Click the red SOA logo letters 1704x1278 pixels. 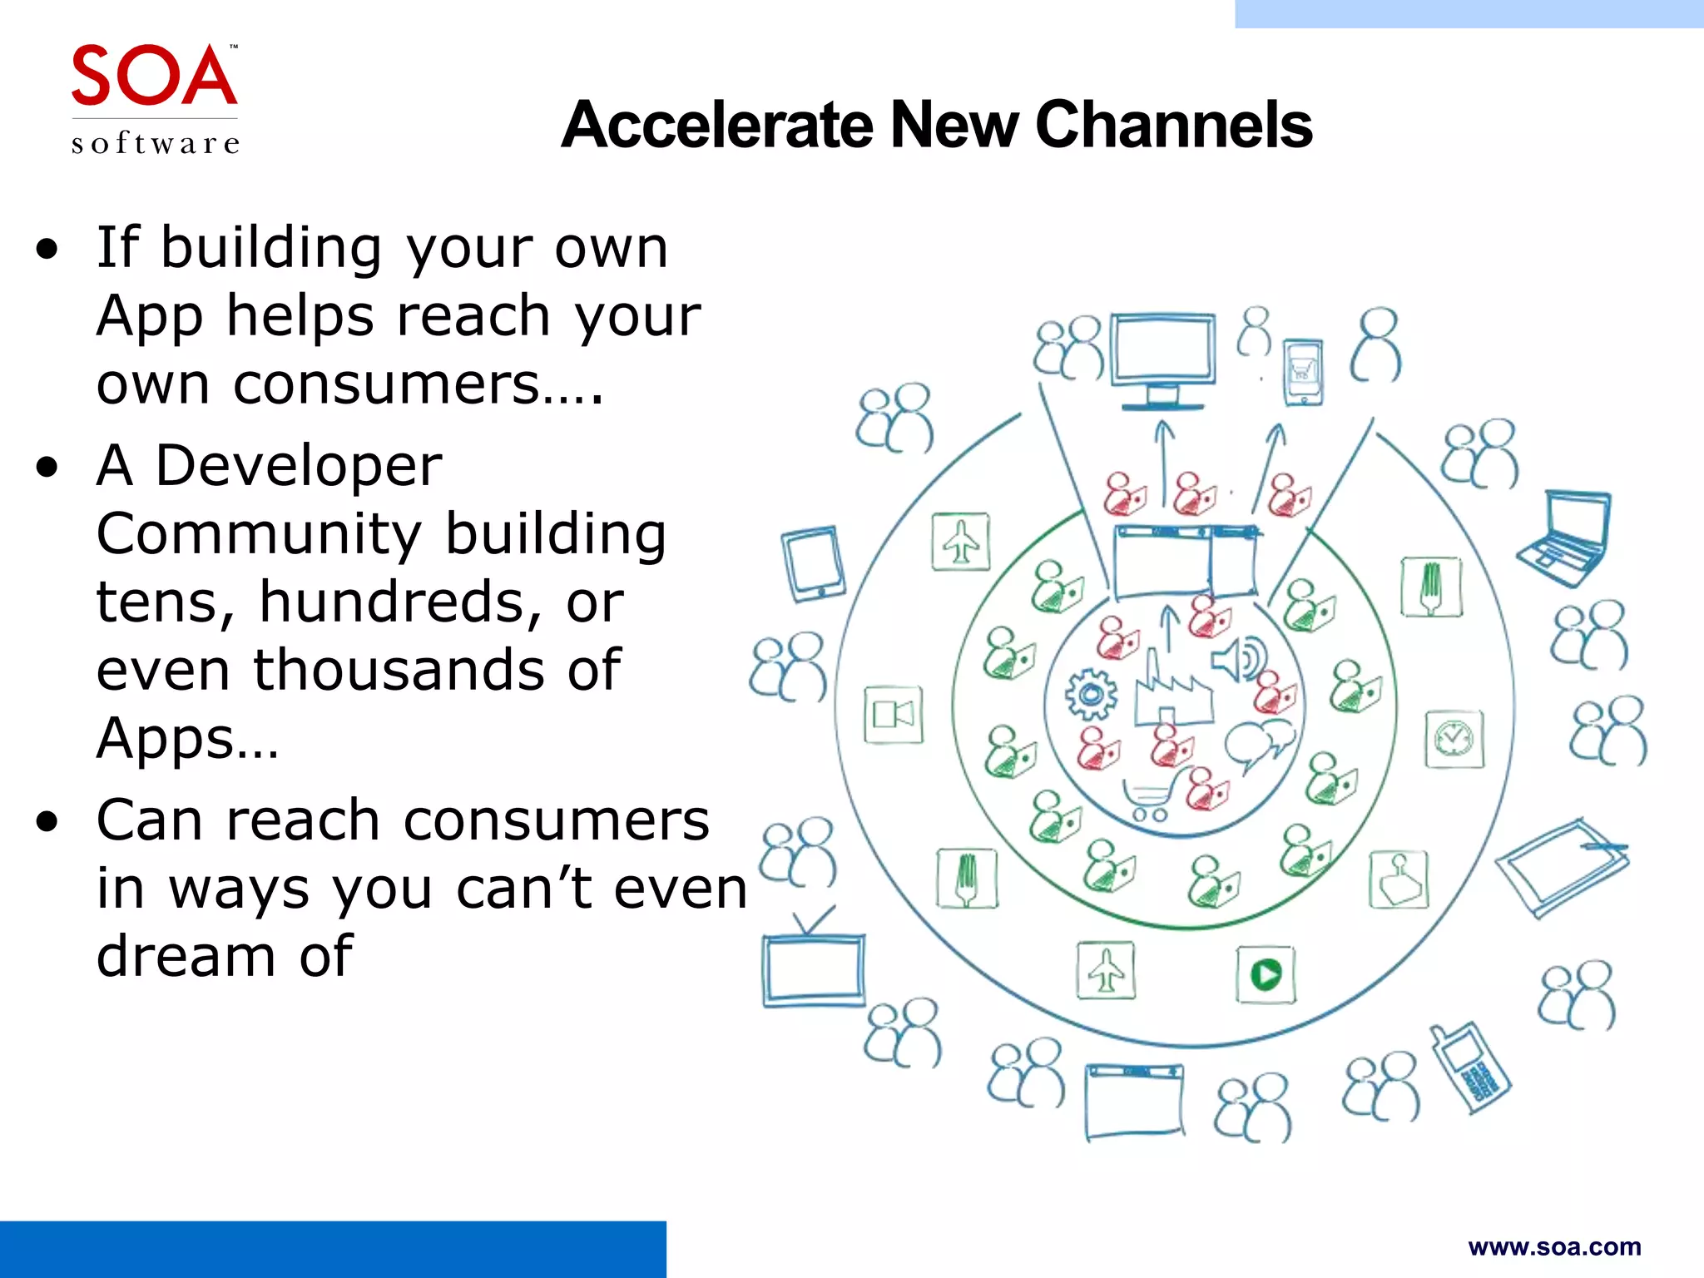[x=154, y=76]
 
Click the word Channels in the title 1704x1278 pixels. [x=1172, y=125]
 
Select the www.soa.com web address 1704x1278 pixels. [x=1554, y=1247]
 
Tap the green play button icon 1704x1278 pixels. [x=1266, y=974]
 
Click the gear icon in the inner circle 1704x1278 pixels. [x=1091, y=694]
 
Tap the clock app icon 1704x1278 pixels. [x=1454, y=739]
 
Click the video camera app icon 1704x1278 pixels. [x=893, y=715]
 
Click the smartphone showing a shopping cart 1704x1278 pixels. [x=1303, y=372]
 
